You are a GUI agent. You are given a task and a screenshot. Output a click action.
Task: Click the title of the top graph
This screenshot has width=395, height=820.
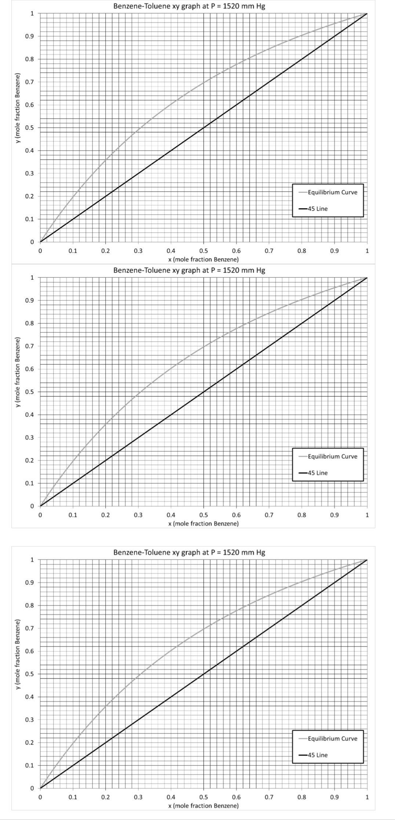[189, 7]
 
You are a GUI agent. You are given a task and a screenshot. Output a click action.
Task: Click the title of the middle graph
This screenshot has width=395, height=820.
[189, 271]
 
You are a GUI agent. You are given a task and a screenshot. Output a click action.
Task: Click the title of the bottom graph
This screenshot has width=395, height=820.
[189, 552]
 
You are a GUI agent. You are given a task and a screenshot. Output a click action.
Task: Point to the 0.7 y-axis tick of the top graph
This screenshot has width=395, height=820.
[29, 82]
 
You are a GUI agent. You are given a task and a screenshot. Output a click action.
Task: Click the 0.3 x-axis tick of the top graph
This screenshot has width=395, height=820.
[138, 251]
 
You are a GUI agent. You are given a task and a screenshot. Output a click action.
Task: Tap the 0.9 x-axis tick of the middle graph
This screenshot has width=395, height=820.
[334, 515]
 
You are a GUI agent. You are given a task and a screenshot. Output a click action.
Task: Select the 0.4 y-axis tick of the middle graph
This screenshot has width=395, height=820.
[29, 415]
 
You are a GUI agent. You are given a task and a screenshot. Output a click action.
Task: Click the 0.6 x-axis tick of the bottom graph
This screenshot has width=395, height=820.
[236, 797]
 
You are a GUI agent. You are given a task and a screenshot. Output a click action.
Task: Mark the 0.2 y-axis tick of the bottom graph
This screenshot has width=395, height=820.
[29, 743]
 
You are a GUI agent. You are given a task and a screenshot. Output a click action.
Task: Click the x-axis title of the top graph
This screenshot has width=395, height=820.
[203, 260]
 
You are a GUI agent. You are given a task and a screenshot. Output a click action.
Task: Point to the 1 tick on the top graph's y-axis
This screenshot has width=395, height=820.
[32, 14]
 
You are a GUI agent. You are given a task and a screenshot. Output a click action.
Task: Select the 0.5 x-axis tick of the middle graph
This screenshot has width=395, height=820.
[203, 515]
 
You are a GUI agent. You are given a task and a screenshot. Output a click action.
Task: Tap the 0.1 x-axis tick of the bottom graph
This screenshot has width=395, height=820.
[73, 797]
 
